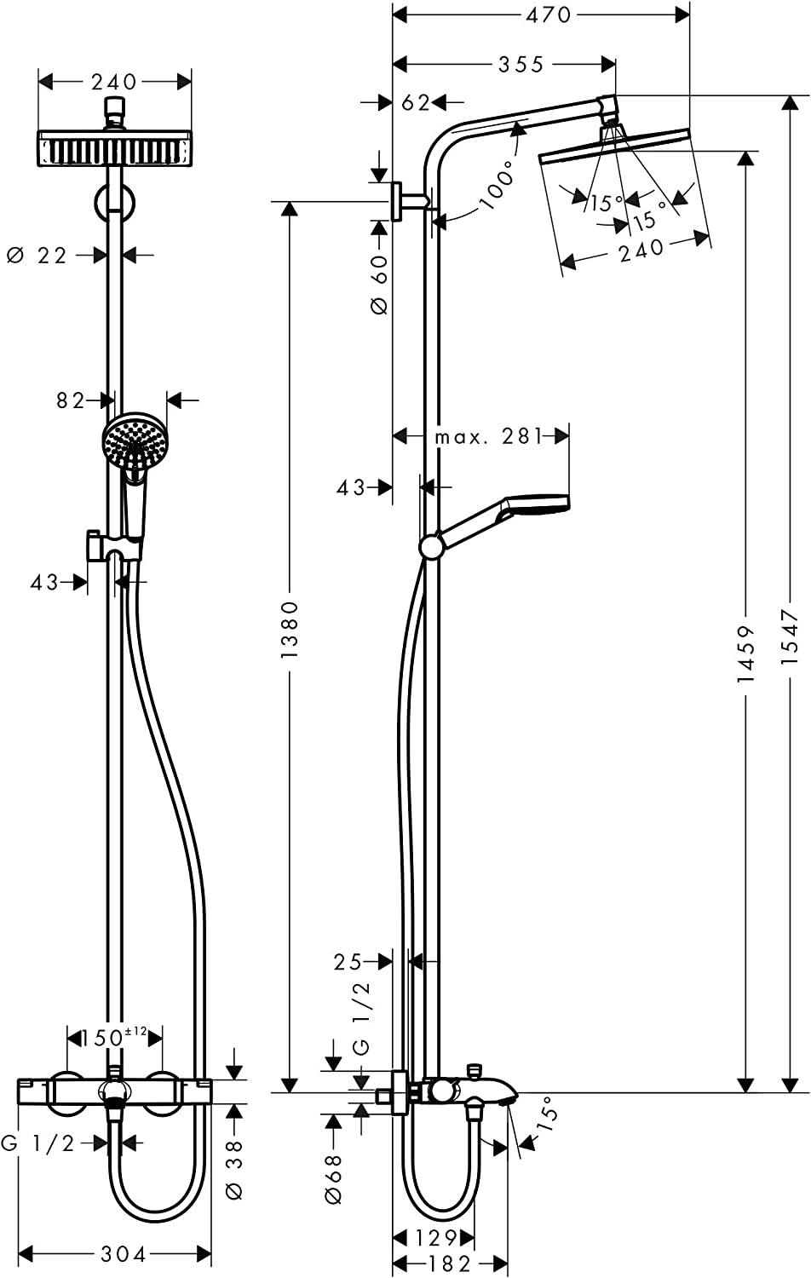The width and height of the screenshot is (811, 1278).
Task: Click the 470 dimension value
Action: point(549,14)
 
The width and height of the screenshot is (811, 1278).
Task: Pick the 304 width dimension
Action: point(124,1254)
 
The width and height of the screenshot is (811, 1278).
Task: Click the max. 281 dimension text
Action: point(488,437)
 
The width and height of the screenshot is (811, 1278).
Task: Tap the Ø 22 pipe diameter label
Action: point(37,255)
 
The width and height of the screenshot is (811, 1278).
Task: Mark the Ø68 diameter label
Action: point(333,1178)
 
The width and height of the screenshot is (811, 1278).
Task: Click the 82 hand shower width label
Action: point(72,400)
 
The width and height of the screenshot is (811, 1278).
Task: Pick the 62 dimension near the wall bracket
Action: point(416,103)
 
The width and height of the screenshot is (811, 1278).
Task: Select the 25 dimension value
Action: point(348,962)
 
